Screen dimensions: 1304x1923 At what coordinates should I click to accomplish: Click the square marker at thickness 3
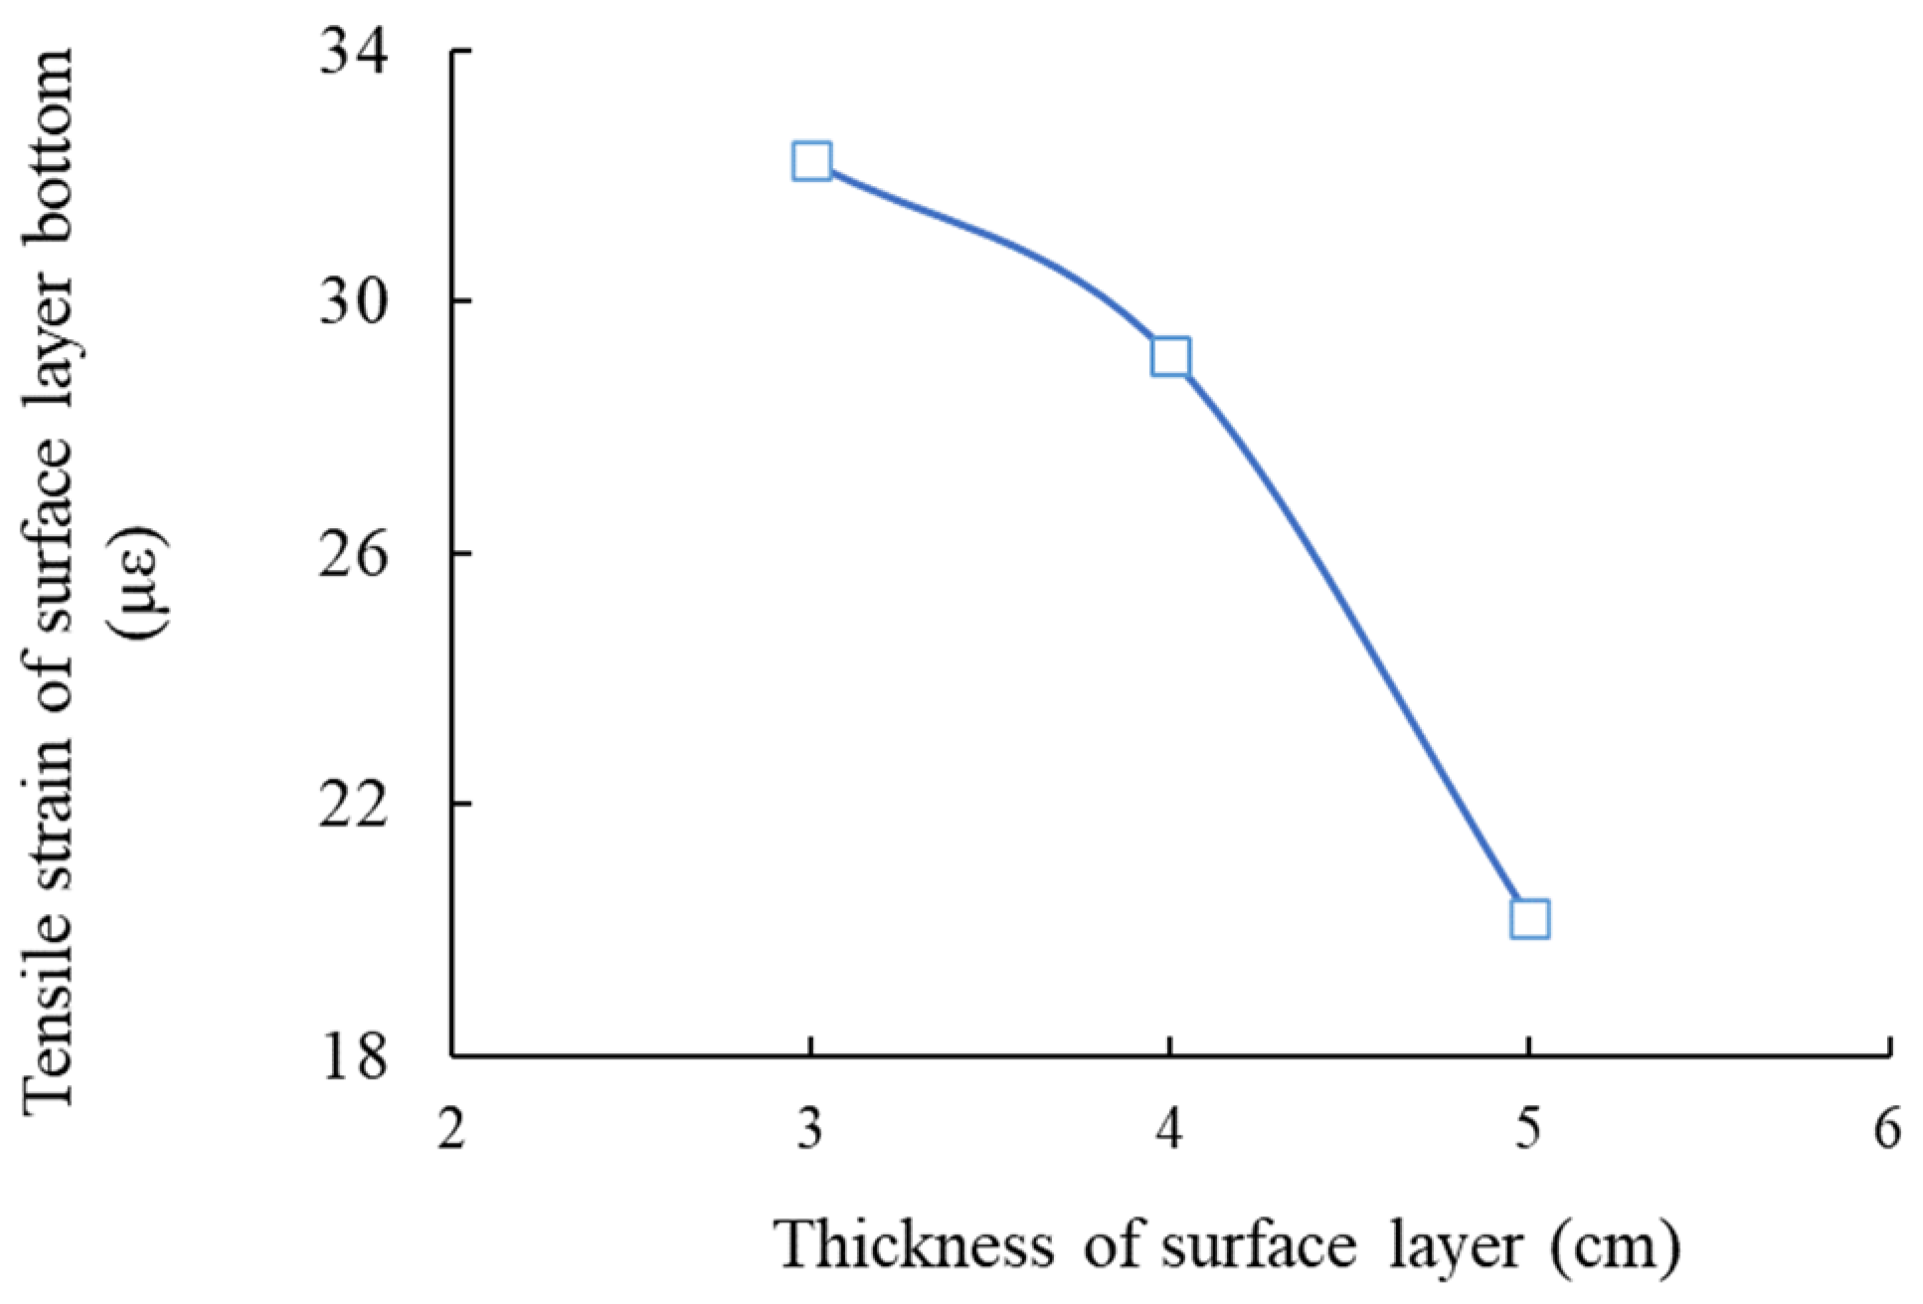click(x=811, y=160)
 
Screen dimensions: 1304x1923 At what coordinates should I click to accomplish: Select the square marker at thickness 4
click(x=1170, y=356)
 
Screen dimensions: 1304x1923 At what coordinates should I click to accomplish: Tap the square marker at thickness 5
click(x=1529, y=919)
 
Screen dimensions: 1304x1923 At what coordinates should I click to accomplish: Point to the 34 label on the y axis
click(x=354, y=52)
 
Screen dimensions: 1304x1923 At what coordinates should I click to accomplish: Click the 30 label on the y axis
click(x=354, y=301)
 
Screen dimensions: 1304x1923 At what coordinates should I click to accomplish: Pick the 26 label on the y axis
click(x=354, y=553)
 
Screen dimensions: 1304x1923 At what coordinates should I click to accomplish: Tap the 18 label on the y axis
click(x=354, y=1055)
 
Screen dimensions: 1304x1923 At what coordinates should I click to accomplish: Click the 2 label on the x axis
click(x=451, y=1130)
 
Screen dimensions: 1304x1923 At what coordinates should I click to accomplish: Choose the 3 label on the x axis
click(x=811, y=1130)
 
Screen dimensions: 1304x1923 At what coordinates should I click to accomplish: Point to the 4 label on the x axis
click(x=1170, y=1130)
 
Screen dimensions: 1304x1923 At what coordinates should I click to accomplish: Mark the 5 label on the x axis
click(x=1529, y=1130)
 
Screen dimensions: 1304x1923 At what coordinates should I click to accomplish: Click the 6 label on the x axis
click(x=1887, y=1130)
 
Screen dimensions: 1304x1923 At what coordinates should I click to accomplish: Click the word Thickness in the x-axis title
click(x=915, y=1244)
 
